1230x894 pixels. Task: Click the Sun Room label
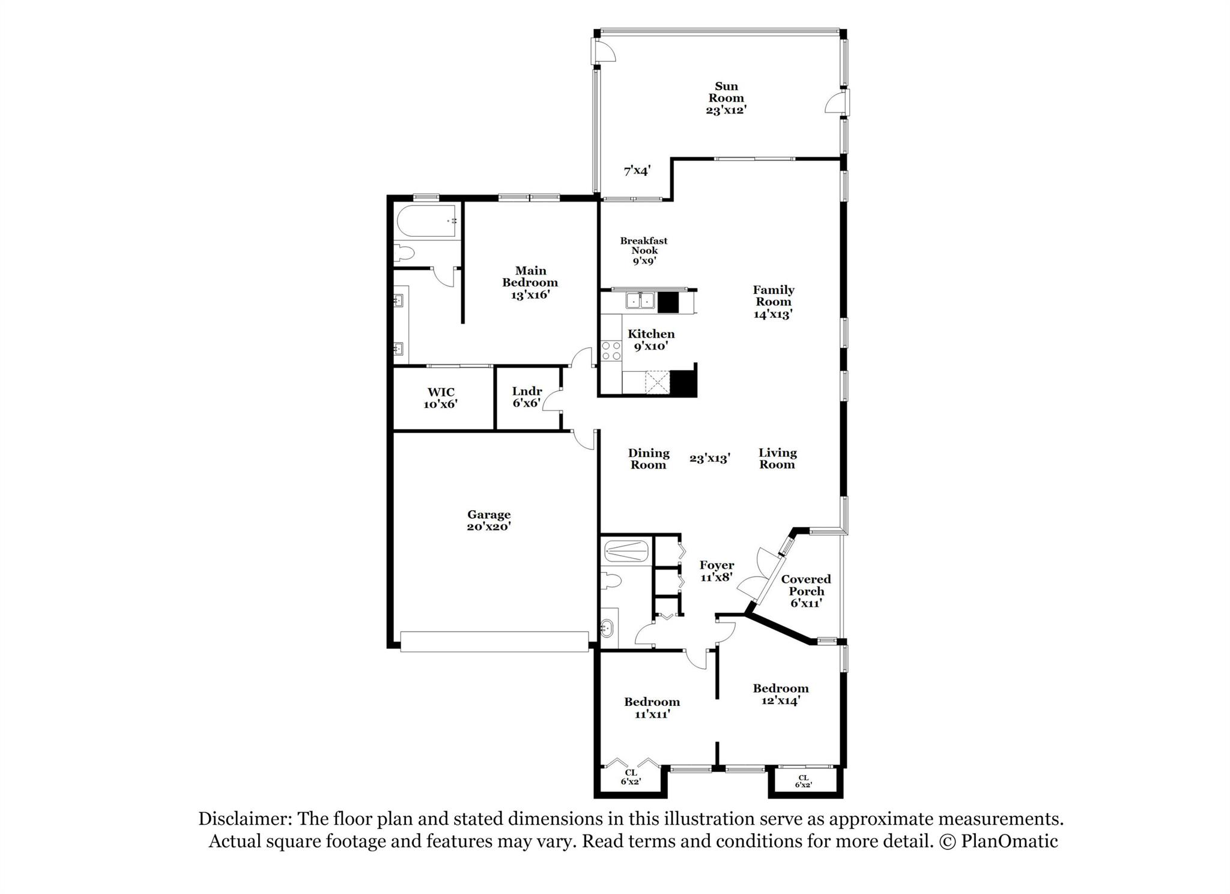click(x=726, y=92)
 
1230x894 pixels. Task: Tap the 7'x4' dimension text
click(x=637, y=171)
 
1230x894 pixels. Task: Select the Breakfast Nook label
click(x=644, y=246)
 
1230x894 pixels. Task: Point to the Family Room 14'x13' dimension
click(x=774, y=314)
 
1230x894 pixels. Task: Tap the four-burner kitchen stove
click(x=611, y=351)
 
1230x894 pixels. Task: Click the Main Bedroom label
click(x=530, y=276)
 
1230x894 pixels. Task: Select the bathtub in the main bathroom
click(x=427, y=222)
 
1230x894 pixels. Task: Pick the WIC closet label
click(x=441, y=392)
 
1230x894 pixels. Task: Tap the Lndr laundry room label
click(x=527, y=391)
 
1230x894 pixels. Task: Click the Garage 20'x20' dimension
click(x=489, y=526)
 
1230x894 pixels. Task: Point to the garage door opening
click(x=494, y=641)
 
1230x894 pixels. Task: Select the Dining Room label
click(x=649, y=458)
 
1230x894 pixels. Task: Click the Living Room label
click(x=777, y=458)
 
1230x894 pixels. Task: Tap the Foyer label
click(x=716, y=565)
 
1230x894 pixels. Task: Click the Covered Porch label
click(x=806, y=585)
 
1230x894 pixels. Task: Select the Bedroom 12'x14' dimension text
click(x=780, y=701)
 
